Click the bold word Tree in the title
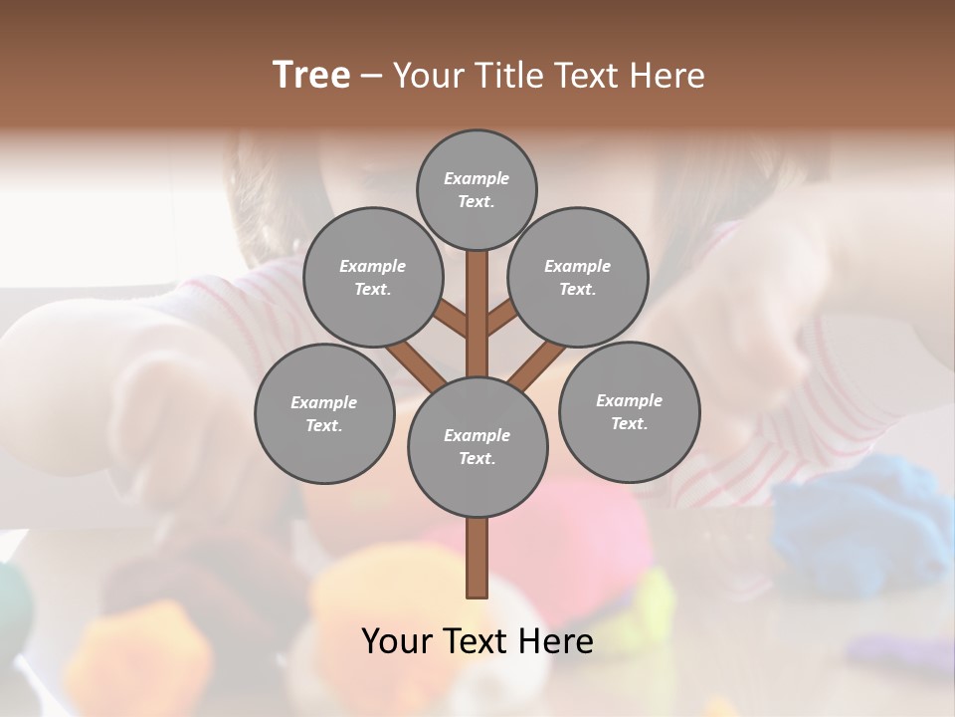point(311,75)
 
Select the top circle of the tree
point(477,189)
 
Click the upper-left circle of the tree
point(372,277)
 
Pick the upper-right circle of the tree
point(577,277)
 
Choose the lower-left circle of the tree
point(323,413)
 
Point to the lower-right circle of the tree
point(629,411)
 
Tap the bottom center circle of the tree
point(477,446)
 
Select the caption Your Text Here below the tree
point(477,640)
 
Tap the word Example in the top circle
point(477,178)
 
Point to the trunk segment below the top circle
point(477,299)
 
